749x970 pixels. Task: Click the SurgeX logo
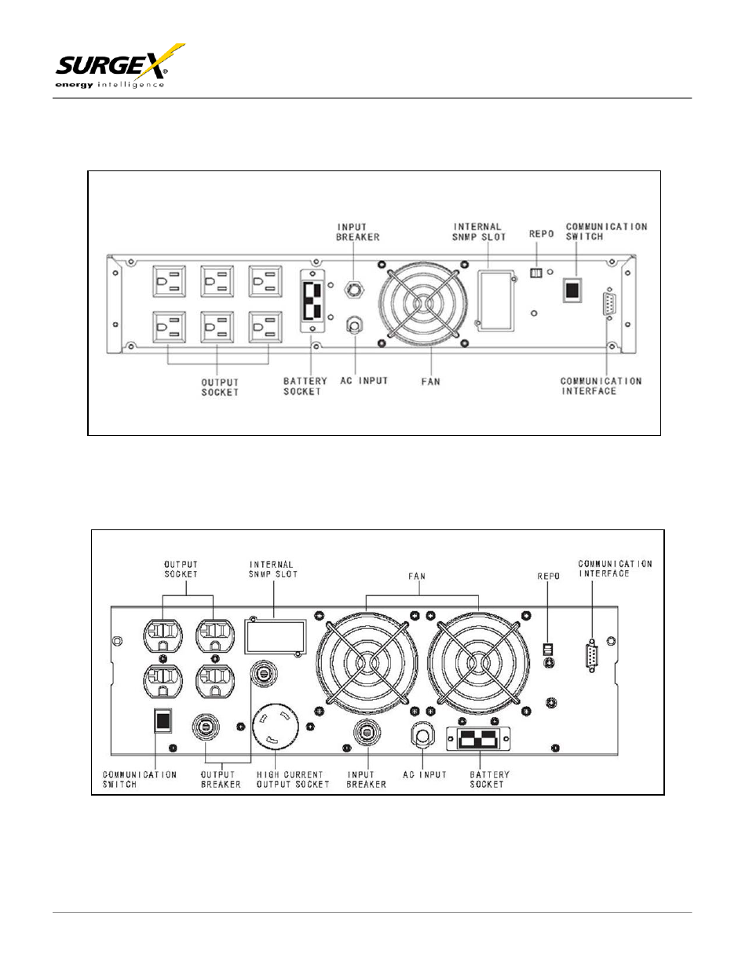tap(120, 66)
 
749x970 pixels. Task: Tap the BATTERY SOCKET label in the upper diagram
tap(305, 386)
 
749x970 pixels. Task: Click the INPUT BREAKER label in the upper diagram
tap(357, 232)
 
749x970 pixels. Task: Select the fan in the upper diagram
tap(423, 304)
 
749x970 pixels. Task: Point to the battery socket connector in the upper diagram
tap(312, 301)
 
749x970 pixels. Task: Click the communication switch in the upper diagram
tap(572, 290)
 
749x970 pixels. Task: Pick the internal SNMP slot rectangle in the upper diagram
tap(496, 300)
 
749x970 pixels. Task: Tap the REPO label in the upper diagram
tap(541, 234)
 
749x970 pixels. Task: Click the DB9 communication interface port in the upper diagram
tap(609, 304)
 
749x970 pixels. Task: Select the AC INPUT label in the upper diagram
tap(364, 381)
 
